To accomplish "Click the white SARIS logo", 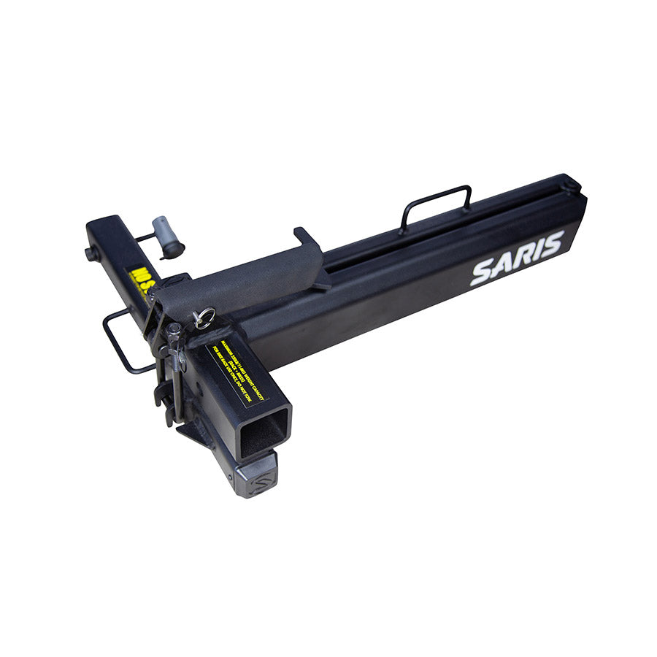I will pos(517,258).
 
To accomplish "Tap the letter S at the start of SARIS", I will pos(483,273).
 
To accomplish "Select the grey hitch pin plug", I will pos(167,234).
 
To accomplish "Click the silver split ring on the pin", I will pos(205,317).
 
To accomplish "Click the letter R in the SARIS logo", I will pos(523,255).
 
